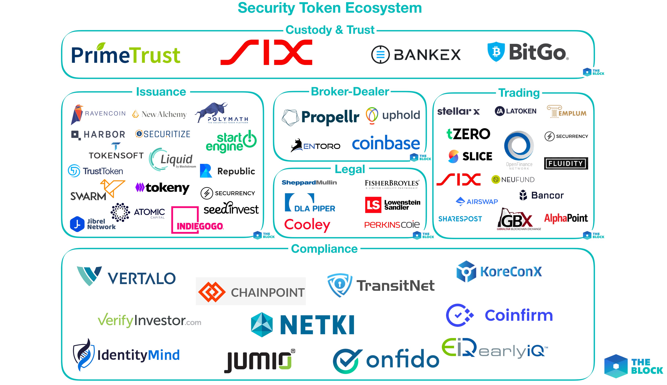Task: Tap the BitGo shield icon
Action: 496,52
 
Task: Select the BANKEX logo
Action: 416,55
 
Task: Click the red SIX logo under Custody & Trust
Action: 266,52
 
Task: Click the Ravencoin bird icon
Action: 77,114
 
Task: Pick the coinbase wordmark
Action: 386,143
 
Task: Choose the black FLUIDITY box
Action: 566,163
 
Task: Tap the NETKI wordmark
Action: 317,325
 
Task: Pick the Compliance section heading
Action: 324,249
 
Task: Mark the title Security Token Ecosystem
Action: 330,8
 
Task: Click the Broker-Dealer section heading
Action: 350,92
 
